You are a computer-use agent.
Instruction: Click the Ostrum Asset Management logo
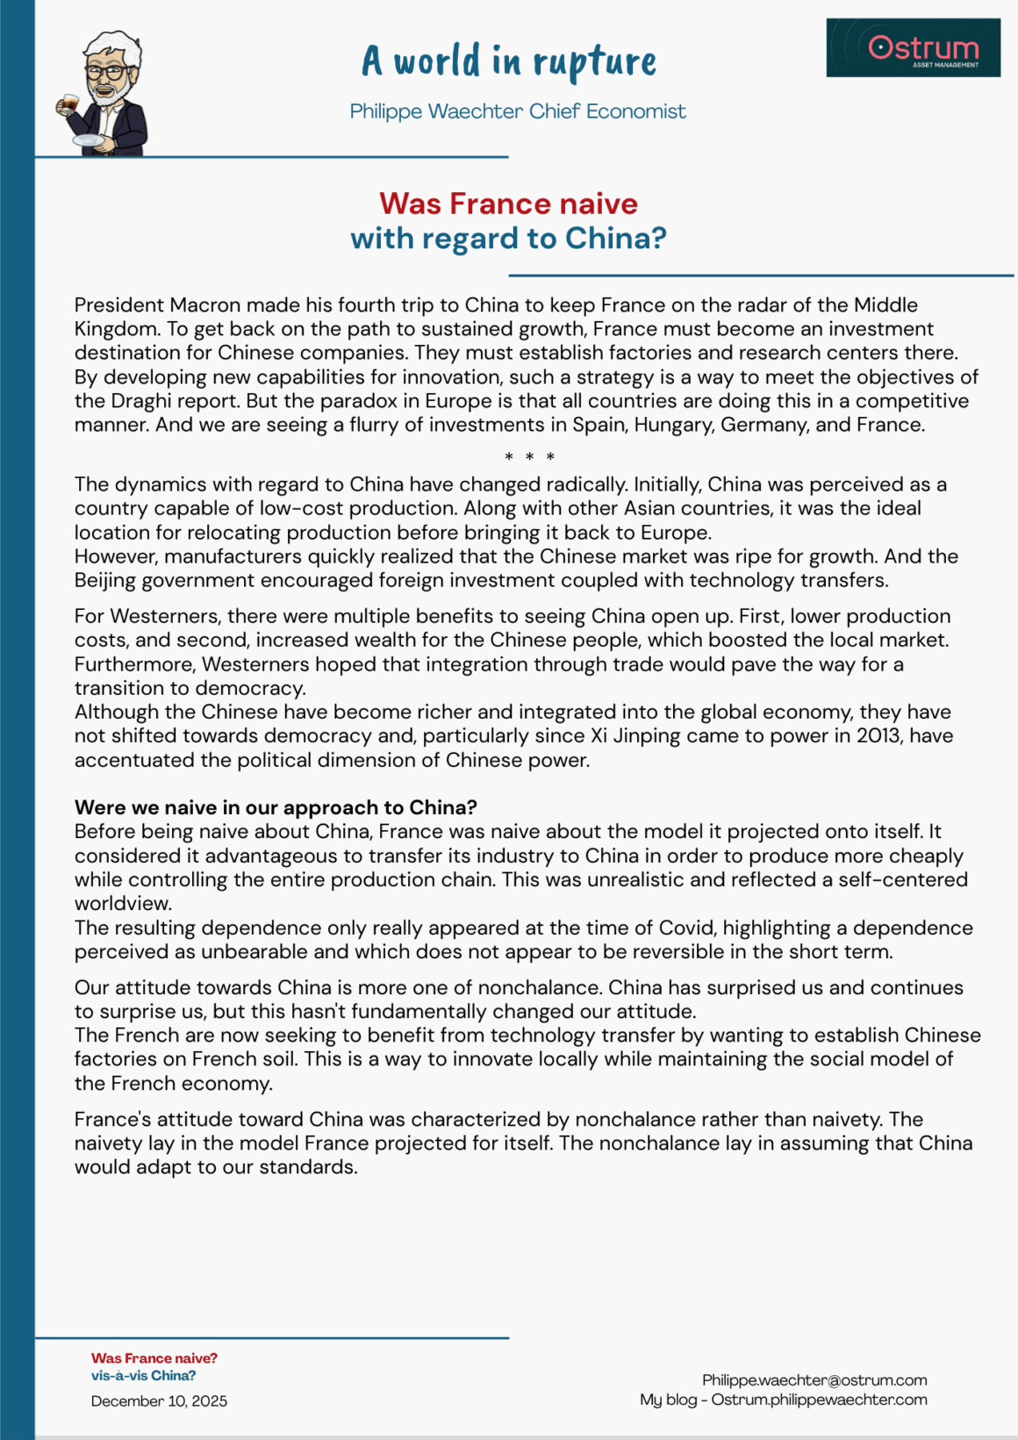(913, 48)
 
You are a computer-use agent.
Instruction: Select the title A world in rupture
(509, 61)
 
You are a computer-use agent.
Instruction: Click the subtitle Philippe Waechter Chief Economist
(518, 111)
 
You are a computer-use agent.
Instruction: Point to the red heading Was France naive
(508, 204)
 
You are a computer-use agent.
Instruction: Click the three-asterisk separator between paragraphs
(529, 456)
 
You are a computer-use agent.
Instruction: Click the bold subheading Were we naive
(276, 807)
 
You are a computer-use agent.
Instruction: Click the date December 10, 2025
(159, 1401)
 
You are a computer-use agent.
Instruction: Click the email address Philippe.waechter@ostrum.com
(814, 1380)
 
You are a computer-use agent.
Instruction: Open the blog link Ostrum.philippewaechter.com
(819, 1400)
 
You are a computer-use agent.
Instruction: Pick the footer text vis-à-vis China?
(143, 1376)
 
